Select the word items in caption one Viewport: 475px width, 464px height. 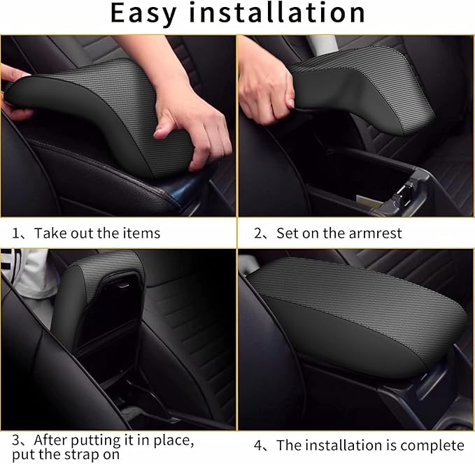coord(139,233)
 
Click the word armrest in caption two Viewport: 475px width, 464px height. coord(378,233)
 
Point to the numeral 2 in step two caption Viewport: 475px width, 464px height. coord(259,233)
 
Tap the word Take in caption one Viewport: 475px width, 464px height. coord(48,233)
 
